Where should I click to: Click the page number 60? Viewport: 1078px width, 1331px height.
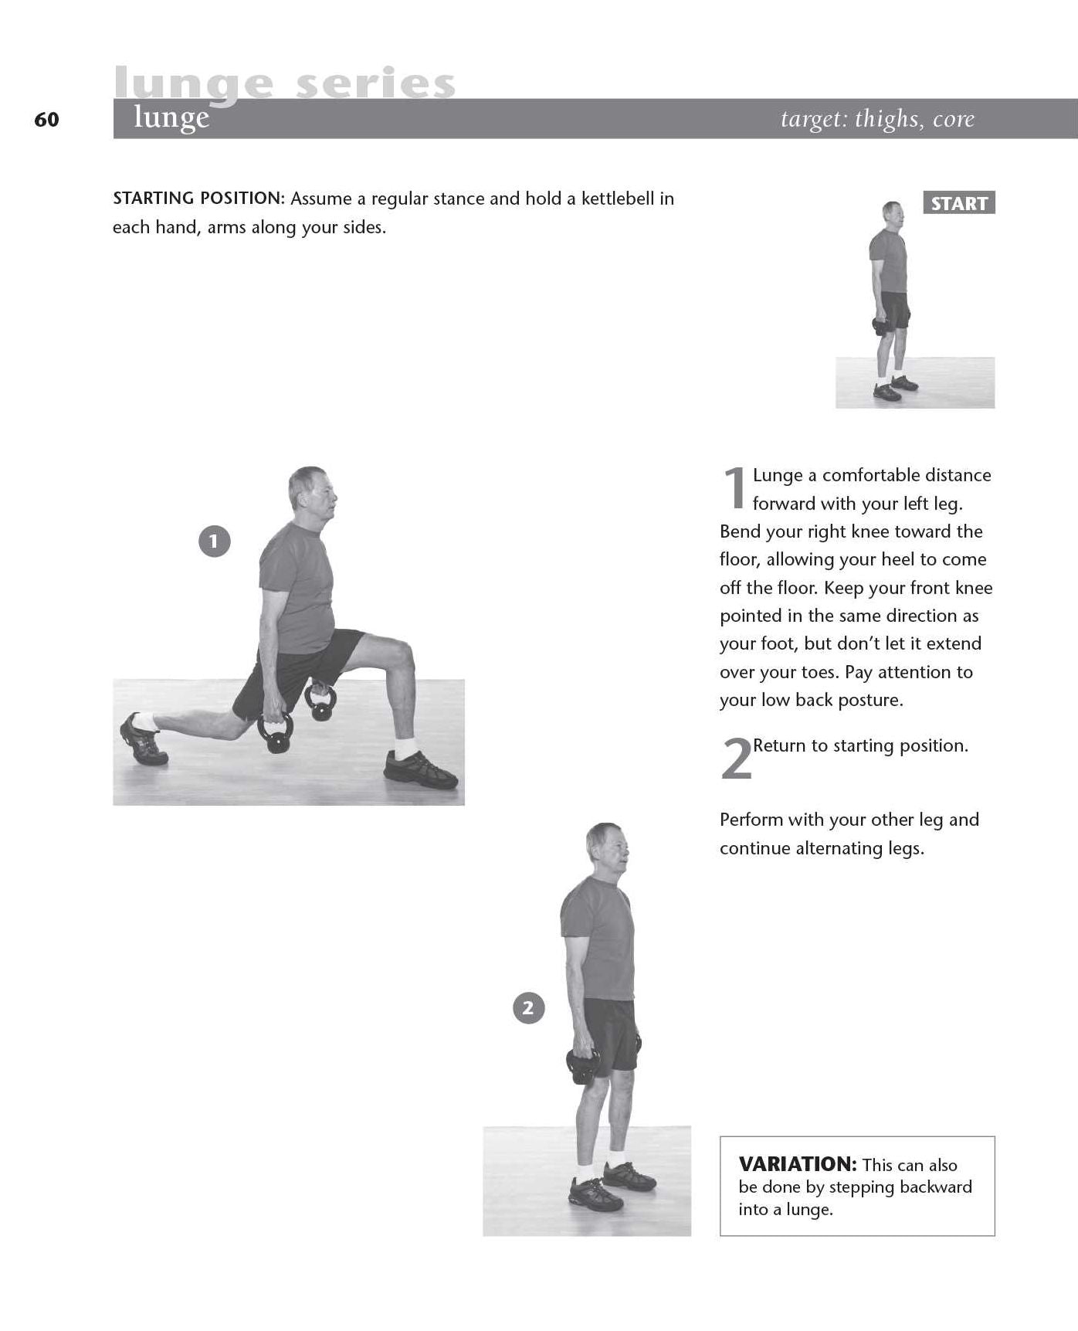[x=46, y=120]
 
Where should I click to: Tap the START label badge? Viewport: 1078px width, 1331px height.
[x=959, y=203]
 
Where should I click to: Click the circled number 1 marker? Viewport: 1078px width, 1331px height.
[x=214, y=542]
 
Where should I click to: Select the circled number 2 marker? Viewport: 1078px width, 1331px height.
[x=528, y=1008]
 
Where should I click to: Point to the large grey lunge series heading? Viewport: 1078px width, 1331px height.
[x=285, y=83]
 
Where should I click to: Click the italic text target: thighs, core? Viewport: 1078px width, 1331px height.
[x=877, y=119]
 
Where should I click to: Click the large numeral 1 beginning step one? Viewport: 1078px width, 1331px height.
[x=734, y=487]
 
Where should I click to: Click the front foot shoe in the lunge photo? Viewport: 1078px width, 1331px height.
[x=421, y=769]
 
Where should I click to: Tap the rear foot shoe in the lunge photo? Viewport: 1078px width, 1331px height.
[x=143, y=739]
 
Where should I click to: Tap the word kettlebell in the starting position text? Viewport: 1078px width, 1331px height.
[x=619, y=199]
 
